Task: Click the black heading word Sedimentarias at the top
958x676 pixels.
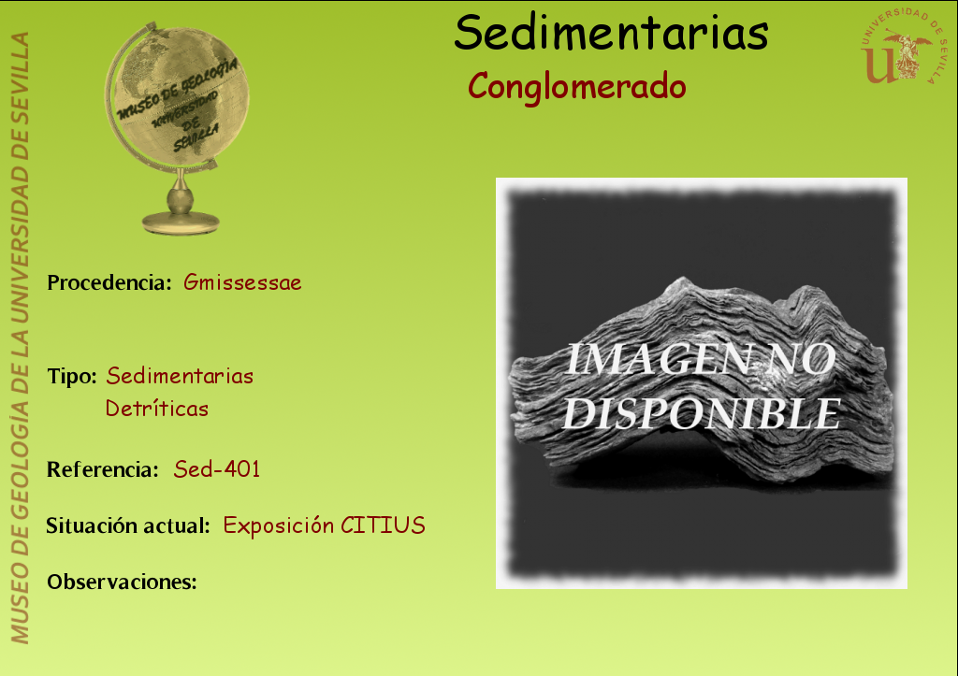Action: [x=611, y=33]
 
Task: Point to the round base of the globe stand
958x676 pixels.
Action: [x=181, y=223]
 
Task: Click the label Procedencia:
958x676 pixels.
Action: [x=109, y=282]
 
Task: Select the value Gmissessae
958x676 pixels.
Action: [x=242, y=282]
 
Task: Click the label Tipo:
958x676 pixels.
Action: [x=72, y=376]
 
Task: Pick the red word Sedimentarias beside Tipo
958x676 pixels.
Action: [x=180, y=376]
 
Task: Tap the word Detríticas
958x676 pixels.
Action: [x=157, y=408]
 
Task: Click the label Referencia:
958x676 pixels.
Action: [x=103, y=469]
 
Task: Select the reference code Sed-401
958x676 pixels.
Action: [x=217, y=469]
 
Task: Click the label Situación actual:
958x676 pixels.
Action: [x=128, y=525]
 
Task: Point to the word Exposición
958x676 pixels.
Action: [x=279, y=525]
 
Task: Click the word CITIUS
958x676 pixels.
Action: [x=383, y=525]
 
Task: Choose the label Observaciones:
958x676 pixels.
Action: [x=123, y=582]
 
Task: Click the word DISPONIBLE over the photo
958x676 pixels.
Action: [x=702, y=413]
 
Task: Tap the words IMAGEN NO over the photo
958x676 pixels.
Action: [x=700, y=359]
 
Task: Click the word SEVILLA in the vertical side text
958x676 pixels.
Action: [x=20, y=71]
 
